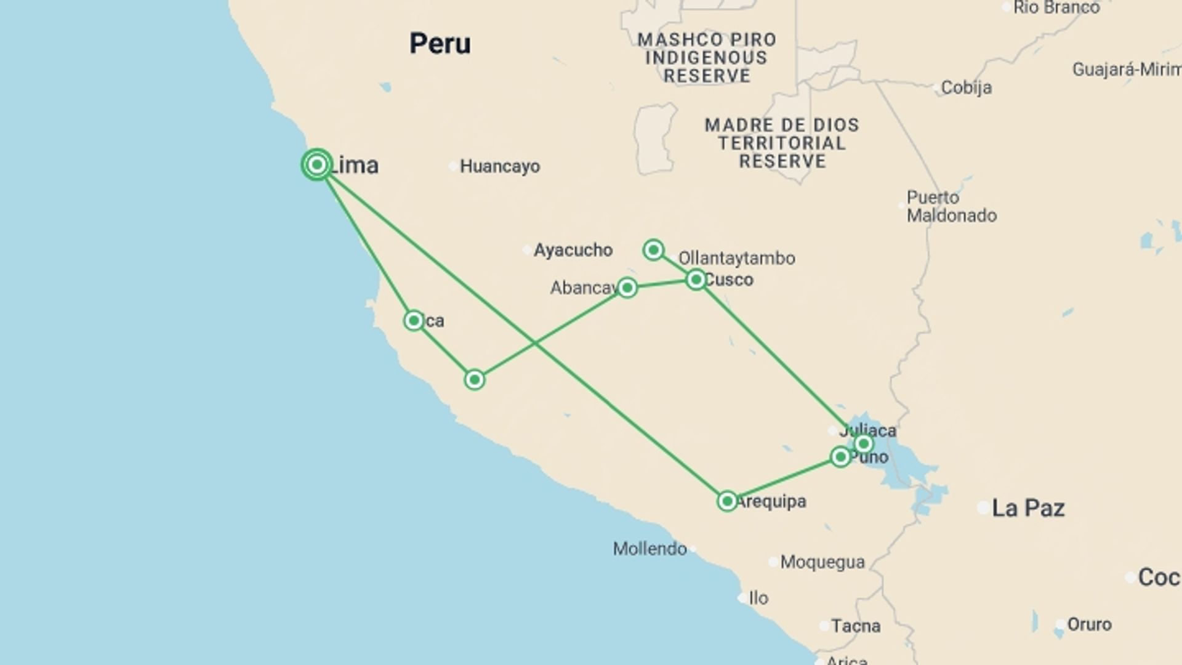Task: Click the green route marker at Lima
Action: (317, 165)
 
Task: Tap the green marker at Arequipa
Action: (727, 501)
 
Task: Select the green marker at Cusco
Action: (696, 280)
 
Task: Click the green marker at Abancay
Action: (627, 288)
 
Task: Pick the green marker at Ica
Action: (414, 320)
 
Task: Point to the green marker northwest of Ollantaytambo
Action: (653, 249)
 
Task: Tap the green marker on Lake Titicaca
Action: (863, 443)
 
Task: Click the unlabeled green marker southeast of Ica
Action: (474, 380)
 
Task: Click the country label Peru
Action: (440, 44)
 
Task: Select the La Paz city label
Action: (1028, 508)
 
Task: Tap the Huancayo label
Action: (499, 166)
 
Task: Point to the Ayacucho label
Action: (573, 250)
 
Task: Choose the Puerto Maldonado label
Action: (951, 206)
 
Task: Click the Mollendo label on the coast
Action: (649, 549)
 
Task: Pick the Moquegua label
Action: (822, 562)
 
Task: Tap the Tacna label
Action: (855, 626)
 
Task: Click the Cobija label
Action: (966, 87)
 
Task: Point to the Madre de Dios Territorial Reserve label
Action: (782, 143)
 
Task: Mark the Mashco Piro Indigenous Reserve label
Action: (707, 58)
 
